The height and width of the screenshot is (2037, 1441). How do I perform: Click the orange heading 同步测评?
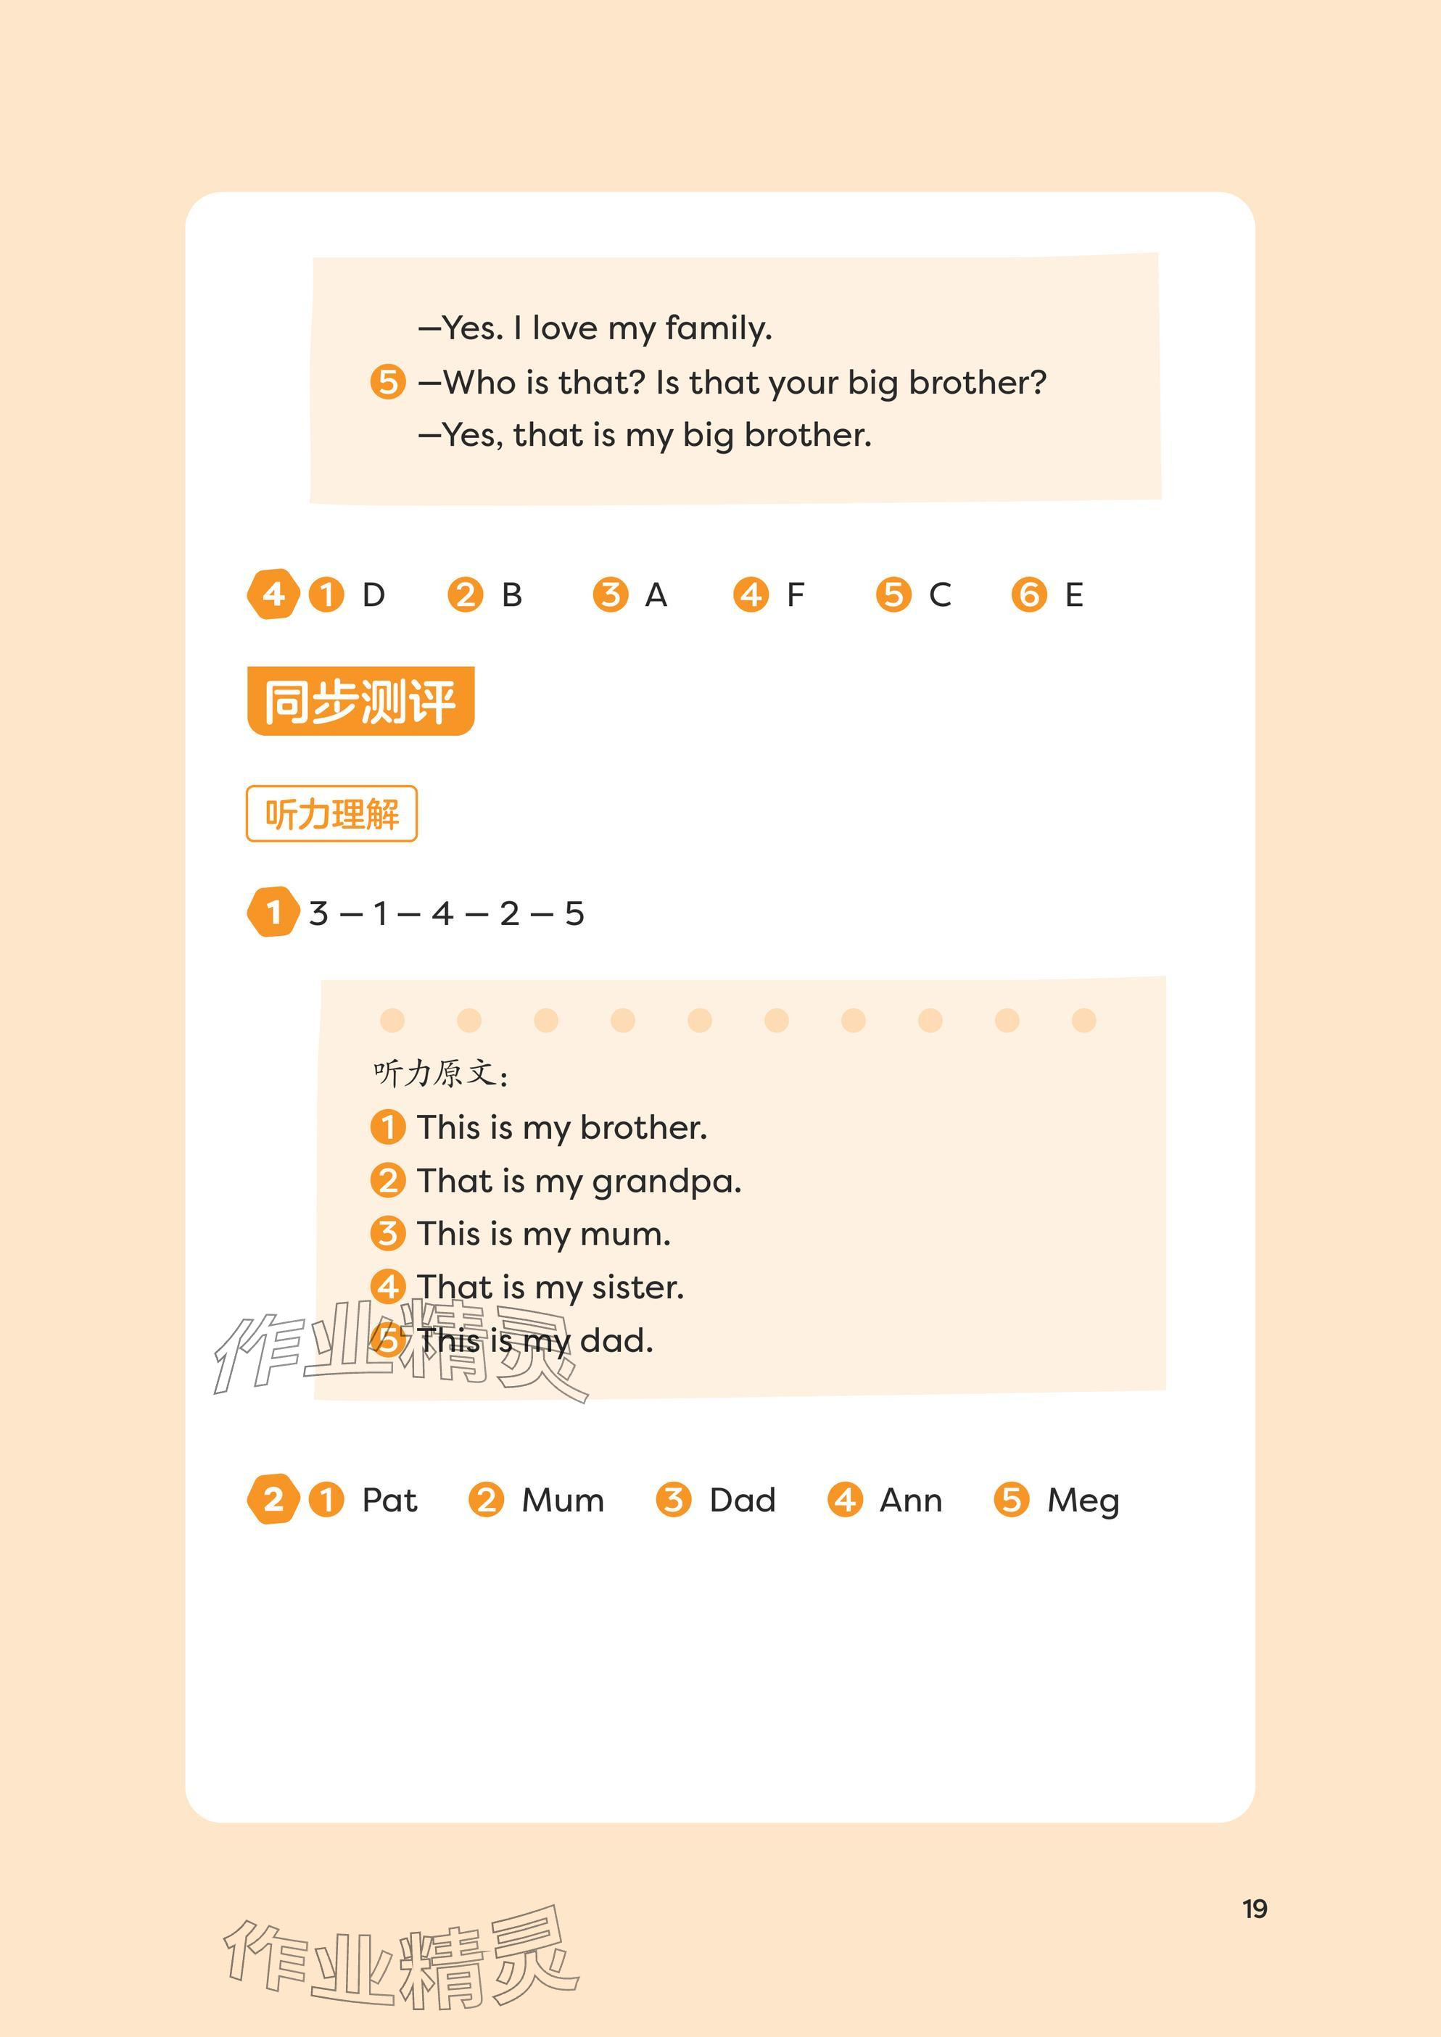click(360, 701)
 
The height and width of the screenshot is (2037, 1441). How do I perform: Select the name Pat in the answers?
click(389, 1501)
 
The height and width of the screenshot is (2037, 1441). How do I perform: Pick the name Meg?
click(1083, 1501)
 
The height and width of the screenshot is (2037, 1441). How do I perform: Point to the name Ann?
click(910, 1501)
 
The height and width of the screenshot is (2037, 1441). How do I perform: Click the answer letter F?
click(795, 594)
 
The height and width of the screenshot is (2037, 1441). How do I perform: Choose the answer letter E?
click(1073, 594)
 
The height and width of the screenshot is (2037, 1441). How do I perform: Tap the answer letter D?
click(373, 594)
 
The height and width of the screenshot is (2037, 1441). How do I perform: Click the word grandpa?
click(666, 1182)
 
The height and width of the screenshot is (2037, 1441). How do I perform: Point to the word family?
click(718, 329)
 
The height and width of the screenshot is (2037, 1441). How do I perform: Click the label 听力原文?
click(440, 1074)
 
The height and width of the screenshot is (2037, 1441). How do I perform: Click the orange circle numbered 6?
click(1029, 594)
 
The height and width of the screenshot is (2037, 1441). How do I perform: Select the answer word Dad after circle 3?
click(743, 1501)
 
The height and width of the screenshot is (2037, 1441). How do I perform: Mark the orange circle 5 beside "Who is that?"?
click(388, 382)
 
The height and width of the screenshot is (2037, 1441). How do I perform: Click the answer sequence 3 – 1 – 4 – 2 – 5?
click(446, 913)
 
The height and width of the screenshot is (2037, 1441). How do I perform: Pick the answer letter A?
click(656, 594)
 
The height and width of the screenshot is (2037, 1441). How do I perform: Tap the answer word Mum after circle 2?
click(563, 1501)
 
